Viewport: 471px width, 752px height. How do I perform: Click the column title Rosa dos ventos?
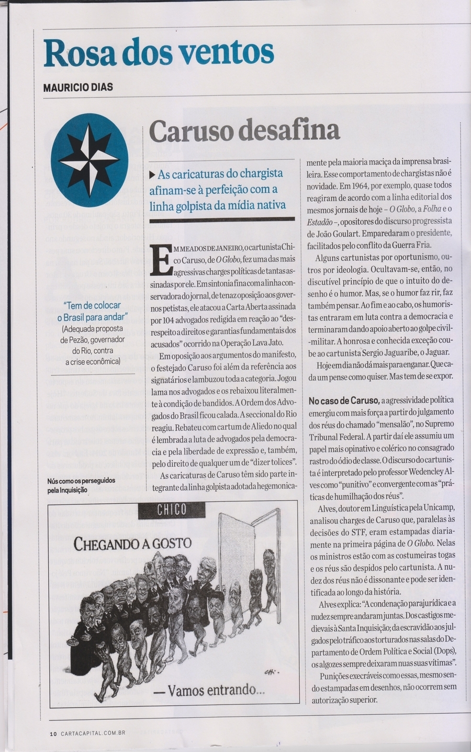pyautogui.click(x=159, y=53)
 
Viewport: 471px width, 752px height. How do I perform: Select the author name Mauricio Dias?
pyautogui.click(x=78, y=87)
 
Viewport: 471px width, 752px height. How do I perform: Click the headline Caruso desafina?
pyautogui.click(x=245, y=130)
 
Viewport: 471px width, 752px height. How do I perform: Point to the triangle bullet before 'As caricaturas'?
pyautogui.click(x=153, y=174)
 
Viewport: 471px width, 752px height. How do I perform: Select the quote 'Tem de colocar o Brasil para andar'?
pyautogui.click(x=92, y=311)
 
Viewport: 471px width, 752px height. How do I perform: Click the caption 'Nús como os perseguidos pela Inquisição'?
pyautogui.click(x=82, y=486)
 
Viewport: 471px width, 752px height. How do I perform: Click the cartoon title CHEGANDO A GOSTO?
pyautogui.click(x=132, y=543)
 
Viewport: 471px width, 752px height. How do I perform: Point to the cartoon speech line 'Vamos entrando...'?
pyautogui.click(x=209, y=690)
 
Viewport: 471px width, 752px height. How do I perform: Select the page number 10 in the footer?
pyautogui.click(x=53, y=734)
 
